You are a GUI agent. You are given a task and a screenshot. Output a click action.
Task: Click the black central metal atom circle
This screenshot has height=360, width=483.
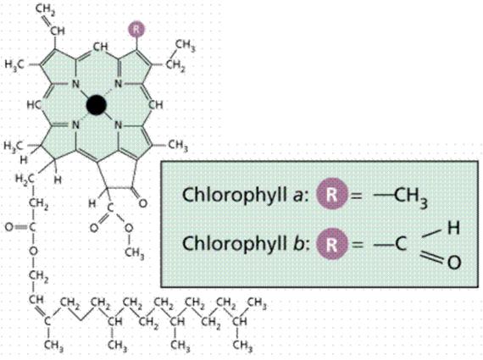tap(97, 105)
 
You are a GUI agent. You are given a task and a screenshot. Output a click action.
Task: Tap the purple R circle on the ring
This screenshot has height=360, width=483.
tap(137, 30)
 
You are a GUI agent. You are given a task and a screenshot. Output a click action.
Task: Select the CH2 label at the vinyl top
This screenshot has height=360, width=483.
tap(45, 9)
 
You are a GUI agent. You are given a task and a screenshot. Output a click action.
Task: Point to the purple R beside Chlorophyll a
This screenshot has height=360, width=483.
tap(332, 194)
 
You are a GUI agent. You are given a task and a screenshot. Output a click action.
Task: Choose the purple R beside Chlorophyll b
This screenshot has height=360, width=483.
tap(332, 244)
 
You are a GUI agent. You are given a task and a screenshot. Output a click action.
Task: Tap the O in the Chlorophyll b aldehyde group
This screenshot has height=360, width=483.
tap(453, 263)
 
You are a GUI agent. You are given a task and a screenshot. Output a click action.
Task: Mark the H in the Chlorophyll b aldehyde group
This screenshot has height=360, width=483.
tap(453, 228)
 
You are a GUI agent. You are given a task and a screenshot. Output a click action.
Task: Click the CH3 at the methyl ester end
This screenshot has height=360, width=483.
tap(135, 253)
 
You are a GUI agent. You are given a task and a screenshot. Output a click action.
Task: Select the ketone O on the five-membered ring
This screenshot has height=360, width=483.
tap(142, 203)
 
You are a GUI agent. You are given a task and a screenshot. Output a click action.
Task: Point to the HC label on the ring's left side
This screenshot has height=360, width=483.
tap(33, 105)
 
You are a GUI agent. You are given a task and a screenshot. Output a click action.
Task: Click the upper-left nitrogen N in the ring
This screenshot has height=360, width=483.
tap(75, 84)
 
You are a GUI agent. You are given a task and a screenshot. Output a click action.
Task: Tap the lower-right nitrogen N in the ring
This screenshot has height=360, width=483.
tap(118, 125)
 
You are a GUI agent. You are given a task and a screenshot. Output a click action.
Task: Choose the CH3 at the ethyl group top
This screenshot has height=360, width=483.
tap(186, 45)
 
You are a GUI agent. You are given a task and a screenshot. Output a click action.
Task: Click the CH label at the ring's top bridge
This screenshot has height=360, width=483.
tap(101, 47)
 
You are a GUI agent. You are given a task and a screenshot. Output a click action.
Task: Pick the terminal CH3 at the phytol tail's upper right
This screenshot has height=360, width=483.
tap(258, 303)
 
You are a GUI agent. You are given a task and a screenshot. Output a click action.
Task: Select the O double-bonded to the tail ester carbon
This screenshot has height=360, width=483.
tap(9, 227)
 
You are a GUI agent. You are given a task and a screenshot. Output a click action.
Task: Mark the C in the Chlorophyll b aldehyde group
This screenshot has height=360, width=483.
tap(401, 244)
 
